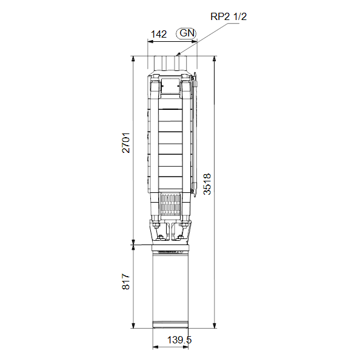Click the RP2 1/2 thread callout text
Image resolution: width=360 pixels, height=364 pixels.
point(228,16)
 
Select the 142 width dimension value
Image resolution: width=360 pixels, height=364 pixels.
point(159,35)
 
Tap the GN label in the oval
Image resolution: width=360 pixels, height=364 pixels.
point(187,33)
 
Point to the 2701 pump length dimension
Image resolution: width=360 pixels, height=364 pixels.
point(126,143)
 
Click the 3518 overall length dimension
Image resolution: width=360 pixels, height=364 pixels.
point(207,184)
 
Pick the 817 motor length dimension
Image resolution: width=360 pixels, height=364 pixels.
point(126,281)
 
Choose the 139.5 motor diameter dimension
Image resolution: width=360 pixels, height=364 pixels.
point(179,340)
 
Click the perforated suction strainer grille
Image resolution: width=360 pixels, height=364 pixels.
point(170,204)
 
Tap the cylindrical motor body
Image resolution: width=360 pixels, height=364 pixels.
point(170,289)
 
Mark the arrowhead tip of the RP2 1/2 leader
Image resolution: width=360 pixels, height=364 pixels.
point(176,56)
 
